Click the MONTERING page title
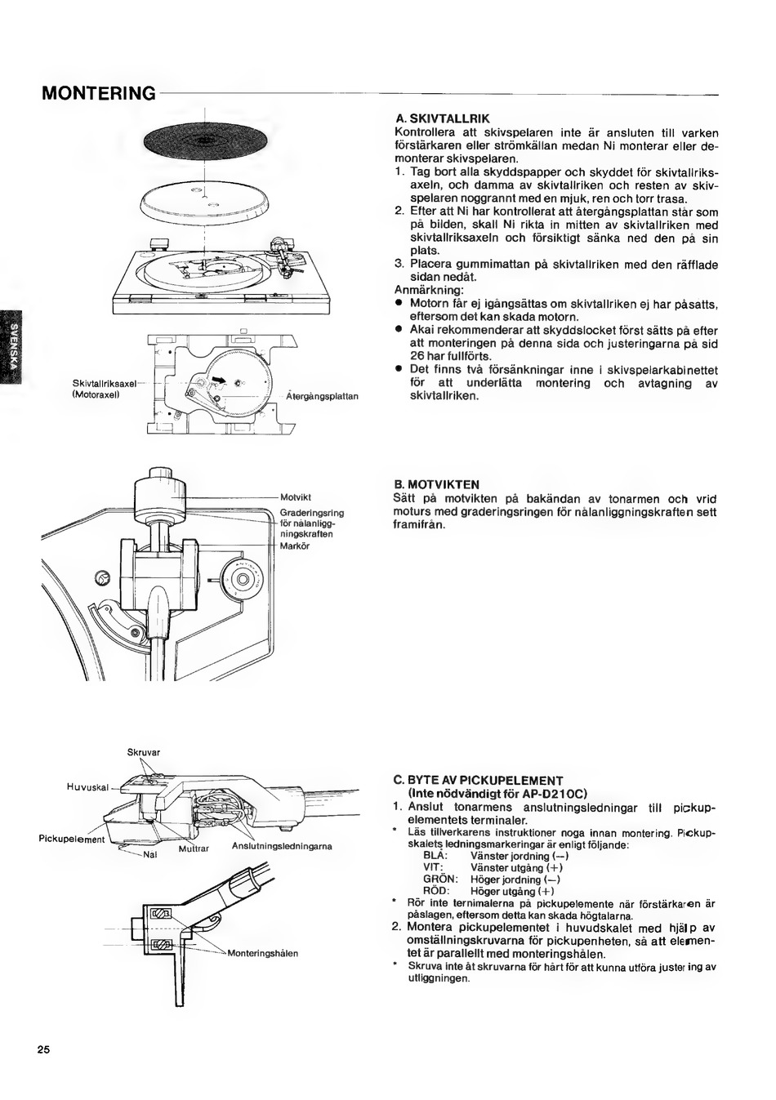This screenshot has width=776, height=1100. pos(98,92)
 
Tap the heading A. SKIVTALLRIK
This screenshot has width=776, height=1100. pos(442,118)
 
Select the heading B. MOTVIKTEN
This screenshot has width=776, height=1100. pos(436,484)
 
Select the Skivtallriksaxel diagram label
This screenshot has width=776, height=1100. pos(103,384)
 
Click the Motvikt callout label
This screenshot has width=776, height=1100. pos(292,497)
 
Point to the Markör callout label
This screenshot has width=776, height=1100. pos(294,546)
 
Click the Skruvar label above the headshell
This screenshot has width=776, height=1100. pos(144,751)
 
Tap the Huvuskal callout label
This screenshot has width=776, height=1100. pos(87,787)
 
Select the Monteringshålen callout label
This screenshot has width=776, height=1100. pos(262,953)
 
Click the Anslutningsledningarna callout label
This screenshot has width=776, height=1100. pos(282,846)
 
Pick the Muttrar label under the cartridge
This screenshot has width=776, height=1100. pos(194,848)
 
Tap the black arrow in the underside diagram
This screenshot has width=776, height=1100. pos(221,376)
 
